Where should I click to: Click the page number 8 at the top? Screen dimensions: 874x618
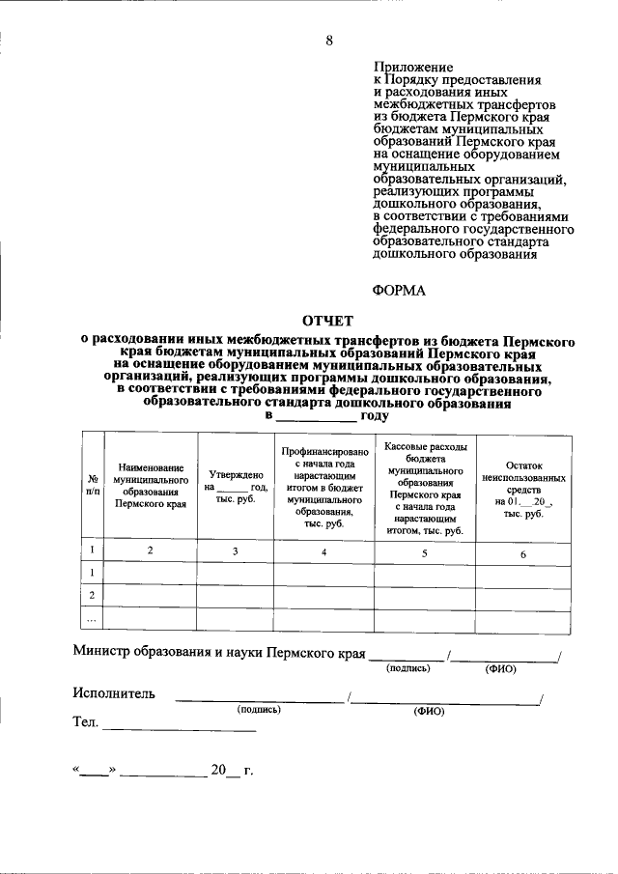[x=328, y=41]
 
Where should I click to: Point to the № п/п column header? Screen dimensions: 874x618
[x=91, y=485]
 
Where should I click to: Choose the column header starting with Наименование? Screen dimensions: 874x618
[x=150, y=485]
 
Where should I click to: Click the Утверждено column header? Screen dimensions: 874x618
[x=236, y=485]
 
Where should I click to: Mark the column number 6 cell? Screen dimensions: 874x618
[x=523, y=552]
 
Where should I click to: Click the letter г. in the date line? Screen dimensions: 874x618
[x=248, y=771]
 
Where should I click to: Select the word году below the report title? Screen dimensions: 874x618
[x=375, y=416]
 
